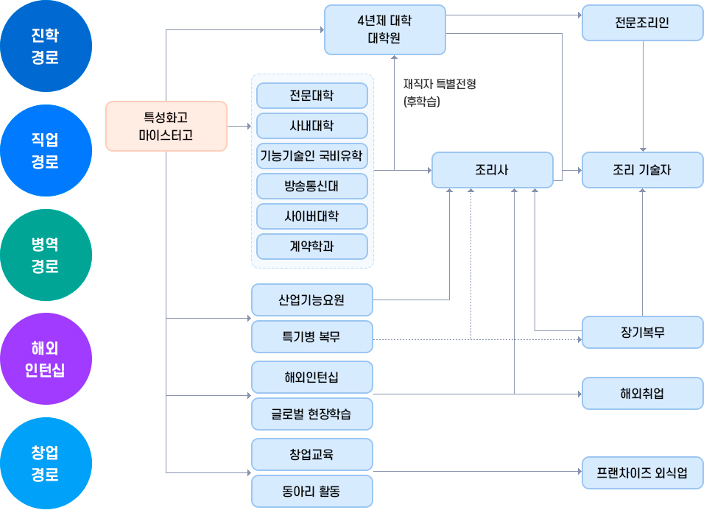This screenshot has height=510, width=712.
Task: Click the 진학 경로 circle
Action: click(46, 46)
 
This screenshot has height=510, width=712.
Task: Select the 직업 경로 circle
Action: click(46, 150)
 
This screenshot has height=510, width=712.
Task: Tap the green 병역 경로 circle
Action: click(46, 255)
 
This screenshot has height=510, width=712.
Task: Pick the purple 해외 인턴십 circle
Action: click(46, 358)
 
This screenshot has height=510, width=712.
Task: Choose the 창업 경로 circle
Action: click(46, 463)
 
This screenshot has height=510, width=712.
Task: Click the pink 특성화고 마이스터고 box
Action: click(166, 126)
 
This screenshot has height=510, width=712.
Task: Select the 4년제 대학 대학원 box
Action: click(384, 29)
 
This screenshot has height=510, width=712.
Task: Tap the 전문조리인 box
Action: click(642, 23)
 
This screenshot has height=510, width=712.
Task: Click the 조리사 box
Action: click(492, 170)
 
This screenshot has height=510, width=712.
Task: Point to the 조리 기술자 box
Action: click(642, 170)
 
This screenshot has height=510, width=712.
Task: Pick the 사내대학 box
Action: click(311, 126)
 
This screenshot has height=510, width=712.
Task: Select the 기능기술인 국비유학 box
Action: click(311, 156)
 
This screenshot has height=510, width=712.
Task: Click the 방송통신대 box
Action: click(311, 186)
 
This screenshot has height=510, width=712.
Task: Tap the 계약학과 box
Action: click(311, 247)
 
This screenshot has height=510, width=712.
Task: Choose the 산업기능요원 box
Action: click(311, 300)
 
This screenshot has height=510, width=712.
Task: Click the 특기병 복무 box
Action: click(311, 337)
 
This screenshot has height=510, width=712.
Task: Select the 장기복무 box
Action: click(642, 332)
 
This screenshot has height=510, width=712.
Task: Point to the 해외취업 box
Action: click(642, 394)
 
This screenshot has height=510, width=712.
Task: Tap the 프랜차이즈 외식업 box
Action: click(642, 472)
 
